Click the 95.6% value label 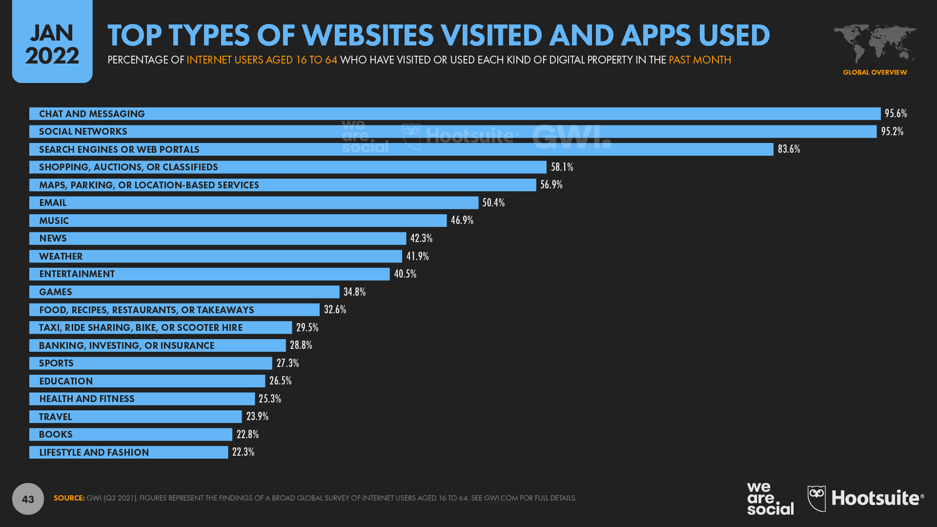(x=895, y=114)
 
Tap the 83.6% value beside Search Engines (x=788, y=149)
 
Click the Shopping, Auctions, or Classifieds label (x=128, y=167)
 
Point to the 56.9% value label (x=551, y=185)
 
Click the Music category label (x=54, y=221)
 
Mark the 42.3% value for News (x=421, y=239)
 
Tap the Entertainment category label (x=77, y=274)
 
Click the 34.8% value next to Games (x=354, y=292)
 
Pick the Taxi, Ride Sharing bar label (x=141, y=328)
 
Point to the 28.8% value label (x=300, y=345)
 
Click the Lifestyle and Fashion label (x=94, y=453)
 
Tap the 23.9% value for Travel (x=257, y=416)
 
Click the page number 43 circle (x=28, y=499)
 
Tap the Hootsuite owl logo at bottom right (x=816, y=498)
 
